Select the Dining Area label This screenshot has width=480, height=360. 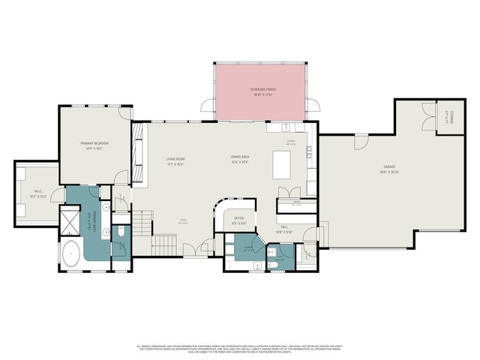(x=240, y=159)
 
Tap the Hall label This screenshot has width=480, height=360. (x=285, y=226)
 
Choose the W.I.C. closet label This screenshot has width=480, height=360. (x=37, y=193)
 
